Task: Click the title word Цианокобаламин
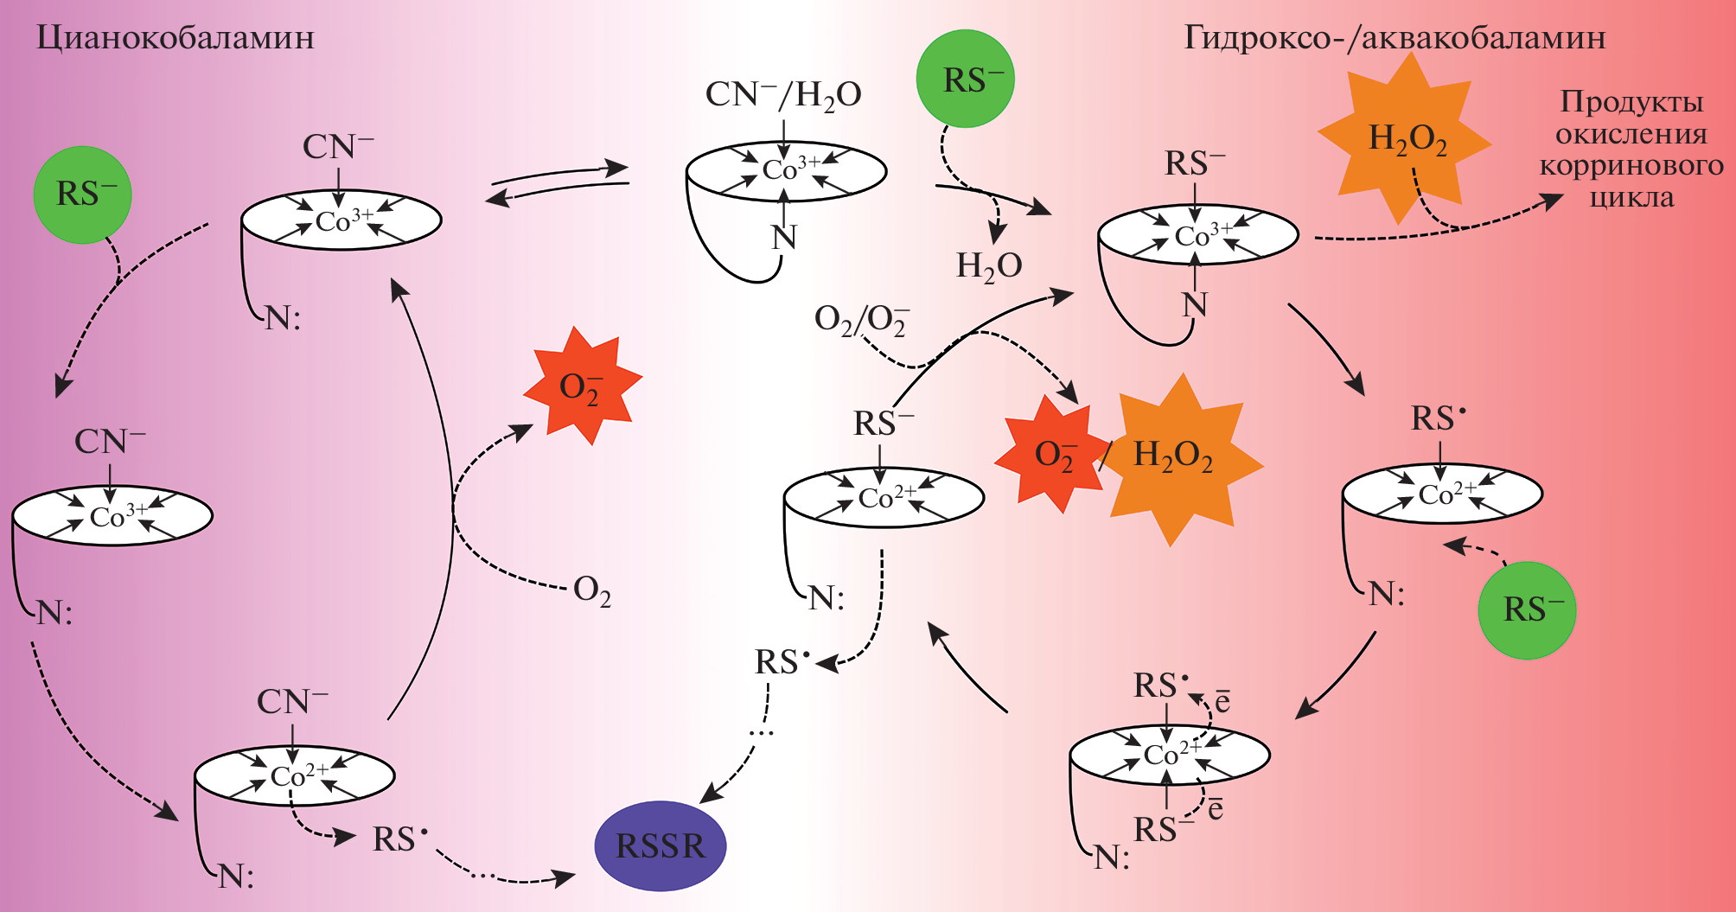[175, 38]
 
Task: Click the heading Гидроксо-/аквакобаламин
[1394, 38]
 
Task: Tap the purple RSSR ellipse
[661, 845]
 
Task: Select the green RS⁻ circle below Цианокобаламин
[82, 195]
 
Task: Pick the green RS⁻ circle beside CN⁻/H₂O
[965, 80]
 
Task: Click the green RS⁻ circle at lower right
[1527, 610]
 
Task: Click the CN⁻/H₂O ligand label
[783, 95]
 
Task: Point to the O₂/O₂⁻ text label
[861, 320]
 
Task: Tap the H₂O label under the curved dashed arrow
[988, 266]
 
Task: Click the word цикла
[1631, 198]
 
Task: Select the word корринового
[1631, 165]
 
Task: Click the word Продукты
[1631, 102]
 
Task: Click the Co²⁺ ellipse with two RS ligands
[1169, 755]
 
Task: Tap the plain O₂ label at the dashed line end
[592, 590]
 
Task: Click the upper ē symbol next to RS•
[1222, 701]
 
